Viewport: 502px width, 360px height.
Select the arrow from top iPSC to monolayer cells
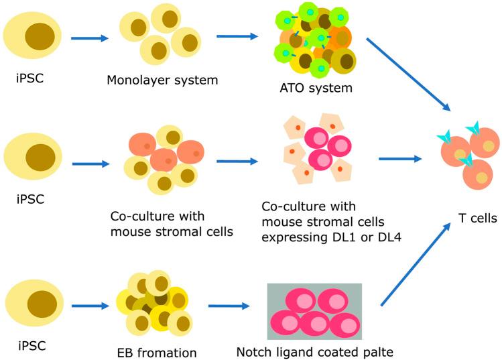89,38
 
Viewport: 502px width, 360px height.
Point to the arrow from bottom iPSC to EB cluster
89,306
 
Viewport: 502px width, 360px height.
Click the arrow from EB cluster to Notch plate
231,307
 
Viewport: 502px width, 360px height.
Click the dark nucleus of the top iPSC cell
40,36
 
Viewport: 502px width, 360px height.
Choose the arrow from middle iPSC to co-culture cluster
89,162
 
